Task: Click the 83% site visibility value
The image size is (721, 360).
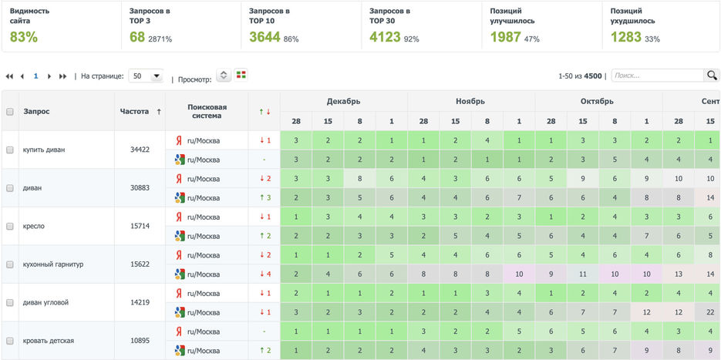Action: point(24,37)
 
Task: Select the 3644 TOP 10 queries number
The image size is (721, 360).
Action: point(265,37)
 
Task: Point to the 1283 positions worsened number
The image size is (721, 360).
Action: point(625,37)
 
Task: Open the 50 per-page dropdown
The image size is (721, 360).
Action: point(146,76)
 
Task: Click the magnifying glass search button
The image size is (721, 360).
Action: point(712,76)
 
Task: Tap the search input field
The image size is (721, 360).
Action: point(656,76)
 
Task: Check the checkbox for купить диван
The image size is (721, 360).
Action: point(10,150)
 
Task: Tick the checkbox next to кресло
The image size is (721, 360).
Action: point(10,226)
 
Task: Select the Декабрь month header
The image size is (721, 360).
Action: point(343,101)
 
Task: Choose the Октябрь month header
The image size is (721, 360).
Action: point(598,101)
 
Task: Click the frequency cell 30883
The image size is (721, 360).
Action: point(140,188)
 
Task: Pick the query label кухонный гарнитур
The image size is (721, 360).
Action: point(53,264)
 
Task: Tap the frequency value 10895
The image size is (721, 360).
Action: point(140,341)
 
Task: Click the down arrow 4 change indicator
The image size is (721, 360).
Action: point(264,274)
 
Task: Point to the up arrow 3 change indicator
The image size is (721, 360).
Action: point(264,197)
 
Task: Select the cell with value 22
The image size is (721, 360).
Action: point(707,312)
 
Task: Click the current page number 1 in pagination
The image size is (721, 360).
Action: point(35,76)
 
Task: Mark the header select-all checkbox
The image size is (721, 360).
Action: point(10,112)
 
